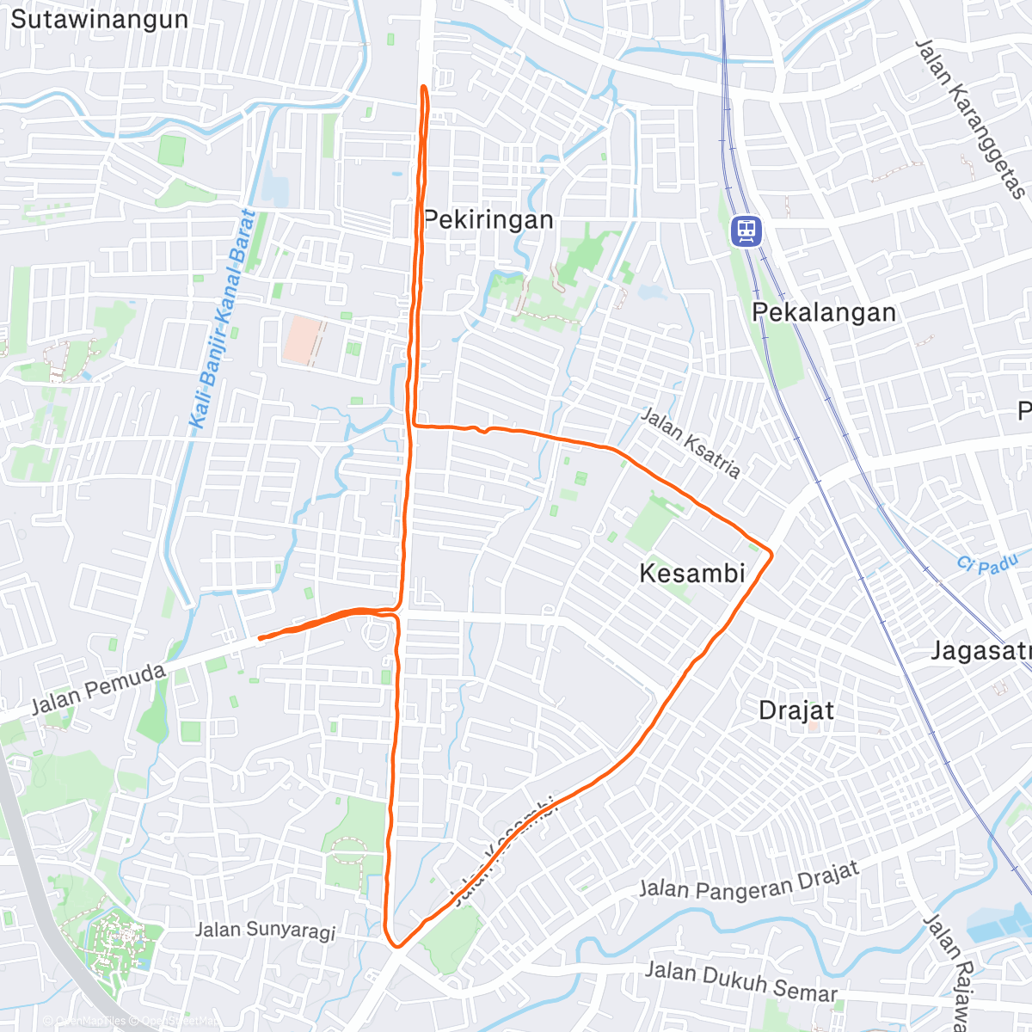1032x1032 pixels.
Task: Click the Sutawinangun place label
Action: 99,20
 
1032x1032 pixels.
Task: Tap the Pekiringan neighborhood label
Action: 488,220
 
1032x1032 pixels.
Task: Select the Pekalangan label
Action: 824,312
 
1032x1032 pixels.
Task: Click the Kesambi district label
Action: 692,573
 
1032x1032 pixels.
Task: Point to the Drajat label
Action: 796,711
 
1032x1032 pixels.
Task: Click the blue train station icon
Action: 746,230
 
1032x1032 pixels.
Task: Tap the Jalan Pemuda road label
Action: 98,689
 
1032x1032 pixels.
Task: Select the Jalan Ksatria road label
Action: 691,442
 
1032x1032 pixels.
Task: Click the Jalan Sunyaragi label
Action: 265,930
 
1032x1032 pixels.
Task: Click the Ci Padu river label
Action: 987,565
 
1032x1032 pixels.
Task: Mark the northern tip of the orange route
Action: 424,87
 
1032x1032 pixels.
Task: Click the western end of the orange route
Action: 260,638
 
